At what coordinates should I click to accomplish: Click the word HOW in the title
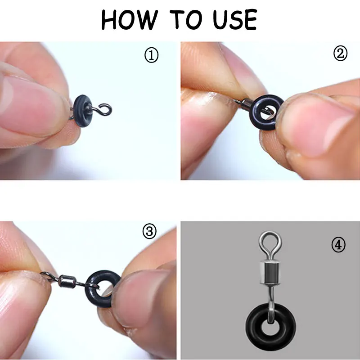coord(130,20)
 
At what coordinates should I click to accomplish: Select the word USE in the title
coord(235,19)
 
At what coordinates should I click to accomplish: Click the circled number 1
coord(151,55)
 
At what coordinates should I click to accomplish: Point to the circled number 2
coord(340,54)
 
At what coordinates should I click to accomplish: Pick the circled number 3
coord(149,231)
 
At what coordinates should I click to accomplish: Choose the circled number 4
coord(338,245)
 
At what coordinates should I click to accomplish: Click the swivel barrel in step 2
coord(247,103)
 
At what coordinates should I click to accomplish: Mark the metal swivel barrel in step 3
coord(67,281)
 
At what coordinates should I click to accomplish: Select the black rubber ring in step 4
coord(254,326)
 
